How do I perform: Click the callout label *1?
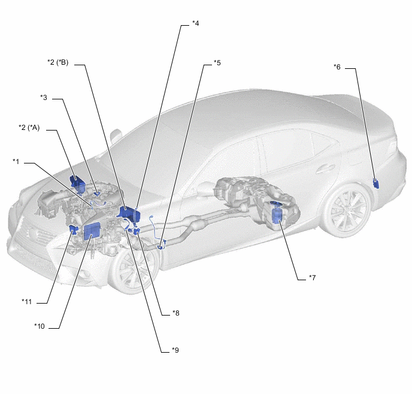(16, 161)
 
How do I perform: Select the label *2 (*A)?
(29, 128)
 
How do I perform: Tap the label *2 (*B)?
(58, 62)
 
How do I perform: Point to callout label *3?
(43, 98)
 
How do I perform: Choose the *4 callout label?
(195, 23)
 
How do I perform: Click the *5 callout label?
(217, 63)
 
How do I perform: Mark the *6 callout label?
(337, 67)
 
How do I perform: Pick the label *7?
(313, 277)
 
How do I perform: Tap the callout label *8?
(176, 313)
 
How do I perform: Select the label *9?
(175, 350)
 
